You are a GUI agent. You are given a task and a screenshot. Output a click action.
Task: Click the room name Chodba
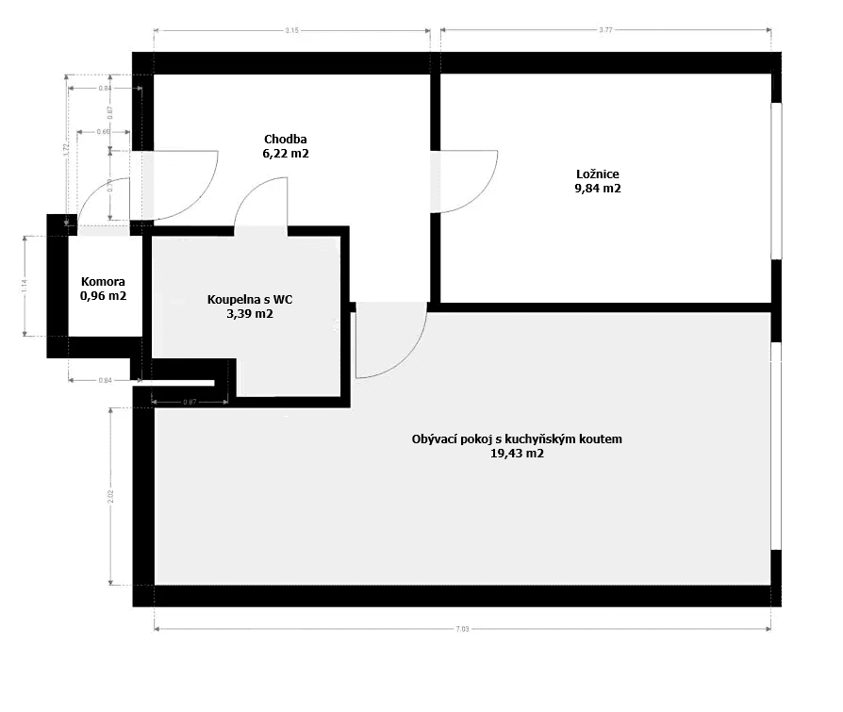pyautogui.click(x=286, y=139)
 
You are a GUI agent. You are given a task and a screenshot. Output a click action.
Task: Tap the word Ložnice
pyautogui.click(x=598, y=174)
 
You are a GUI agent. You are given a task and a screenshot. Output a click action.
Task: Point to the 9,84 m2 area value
pyautogui.click(x=598, y=189)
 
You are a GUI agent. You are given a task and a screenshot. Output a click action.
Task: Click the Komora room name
pyautogui.click(x=103, y=282)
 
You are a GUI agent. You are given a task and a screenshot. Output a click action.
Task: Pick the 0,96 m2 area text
pyautogui.click(x=103, y=296)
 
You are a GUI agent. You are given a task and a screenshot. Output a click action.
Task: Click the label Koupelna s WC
pyautogui.click(x=249, y=300)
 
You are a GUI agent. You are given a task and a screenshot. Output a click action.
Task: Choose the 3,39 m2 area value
pyautogui.click(x=249, y=314)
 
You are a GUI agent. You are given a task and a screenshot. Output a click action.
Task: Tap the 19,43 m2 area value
pyautogui.click(x=517, y=454)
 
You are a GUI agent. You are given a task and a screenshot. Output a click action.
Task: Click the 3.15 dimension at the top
pyautogui.click(x=291, y=31)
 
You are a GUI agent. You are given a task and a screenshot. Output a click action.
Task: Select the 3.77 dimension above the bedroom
pyautogui.click(x=605, y=31)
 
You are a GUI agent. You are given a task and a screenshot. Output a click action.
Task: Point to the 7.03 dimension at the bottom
pyautogui.click(x=462, y=629)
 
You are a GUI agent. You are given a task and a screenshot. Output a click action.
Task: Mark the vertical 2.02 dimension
pyautogui.click(x=111, y=496)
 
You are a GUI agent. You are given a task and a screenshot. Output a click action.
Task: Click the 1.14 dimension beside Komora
pyautogui.click(x=25, y=285)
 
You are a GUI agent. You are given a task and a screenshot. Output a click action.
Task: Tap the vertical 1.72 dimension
pyautogui.click(x=66, y=149)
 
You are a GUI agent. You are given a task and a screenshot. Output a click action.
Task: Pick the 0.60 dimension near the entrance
pyautogui.click(x=103, y=132)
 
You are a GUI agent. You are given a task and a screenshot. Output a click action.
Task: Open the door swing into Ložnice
pyautogui.click(x=469, y=180)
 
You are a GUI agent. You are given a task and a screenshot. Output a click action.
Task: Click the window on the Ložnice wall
pyautogui.click(x=776, y=179)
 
